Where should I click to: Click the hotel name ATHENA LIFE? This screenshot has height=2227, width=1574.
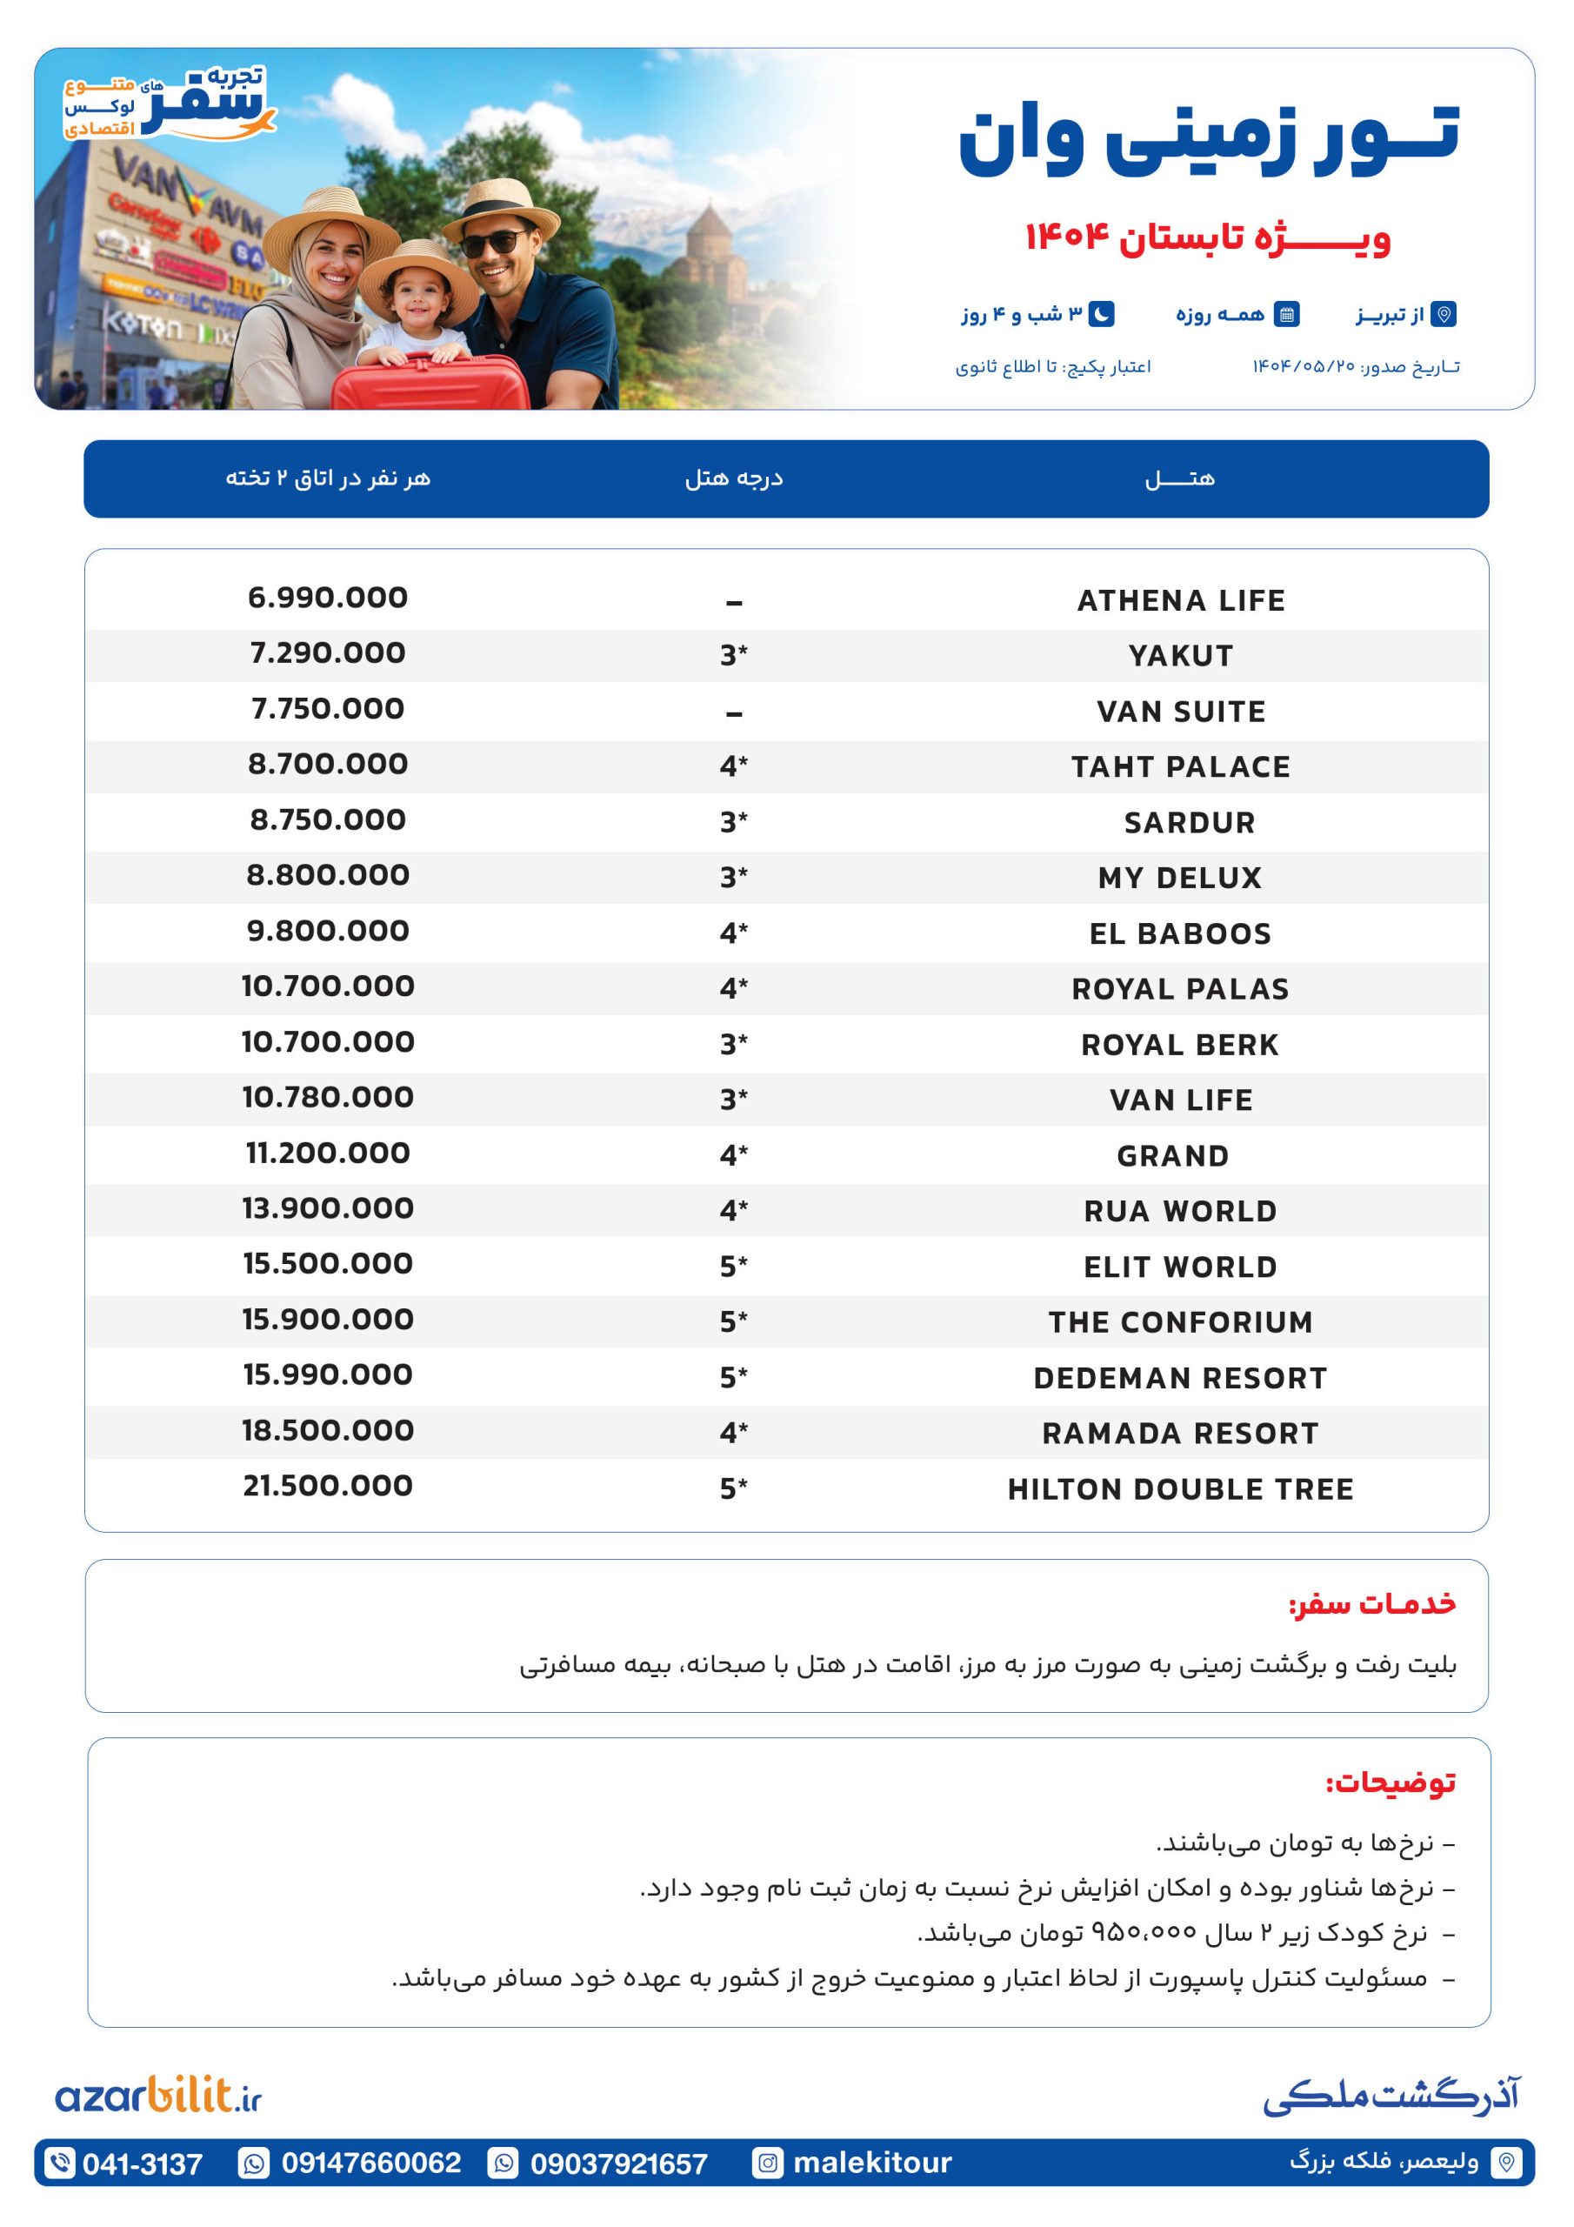pyautogui.click(x=1180, y=600)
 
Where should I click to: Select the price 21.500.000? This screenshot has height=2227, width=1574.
pyautogui.click(x=328, y=1485)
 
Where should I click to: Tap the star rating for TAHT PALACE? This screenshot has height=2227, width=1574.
pyautogui.click(x=733, y=766)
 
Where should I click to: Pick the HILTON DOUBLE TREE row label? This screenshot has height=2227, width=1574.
pyautogui.click(x=1180, y=1488)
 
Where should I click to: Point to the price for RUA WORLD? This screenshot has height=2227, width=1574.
pyautogui.click(x=328, y=1207)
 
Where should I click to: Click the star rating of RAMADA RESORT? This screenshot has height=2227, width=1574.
pyautogui.click(x=733, y=1433)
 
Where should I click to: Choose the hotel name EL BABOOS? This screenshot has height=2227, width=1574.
pyautogui.click(x=1180, y=933)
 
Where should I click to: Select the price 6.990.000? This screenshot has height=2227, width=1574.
pyautogui.click(x=328, y=598)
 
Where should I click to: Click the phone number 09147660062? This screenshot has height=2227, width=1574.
pyautogui.click(x=371, y=2162)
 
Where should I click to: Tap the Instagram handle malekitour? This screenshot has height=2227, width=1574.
pyautogui.click(x=872, y=2162)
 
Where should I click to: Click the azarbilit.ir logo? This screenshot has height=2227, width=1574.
pyautogui.click(x=159, y=2096)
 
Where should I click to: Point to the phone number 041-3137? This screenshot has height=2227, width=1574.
pyautogui.click(x=143, y=2163)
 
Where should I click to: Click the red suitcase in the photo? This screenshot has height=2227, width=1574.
pyautogui.click(x=430, y=383)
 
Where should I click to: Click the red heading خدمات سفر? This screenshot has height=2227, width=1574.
pyautogui.click(x=1372, y=1603)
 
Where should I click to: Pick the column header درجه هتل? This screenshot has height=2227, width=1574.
pyautogui.click(x=734, y=478)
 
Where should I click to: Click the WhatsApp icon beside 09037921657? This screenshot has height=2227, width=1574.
pyautogui.click(x=504, y=2163)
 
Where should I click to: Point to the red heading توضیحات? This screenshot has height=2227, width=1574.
pyautogui.click(x=1391, y=1782)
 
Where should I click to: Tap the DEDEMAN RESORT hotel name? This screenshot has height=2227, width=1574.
pyautogui.click(x=1180, y=1377)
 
